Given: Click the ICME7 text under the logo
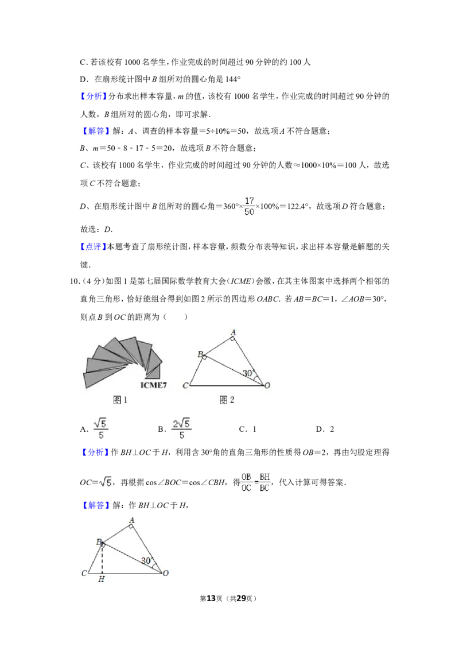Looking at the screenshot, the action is pos(153,385).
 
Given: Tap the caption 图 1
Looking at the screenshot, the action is pos(120,400).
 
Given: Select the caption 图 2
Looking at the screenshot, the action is pos(227,400).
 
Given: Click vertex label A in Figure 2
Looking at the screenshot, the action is pos(233,332).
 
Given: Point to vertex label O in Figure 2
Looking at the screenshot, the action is pos(267,385).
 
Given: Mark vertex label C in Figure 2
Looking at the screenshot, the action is pos(185,385).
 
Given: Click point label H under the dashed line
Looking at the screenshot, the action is pos(101,579).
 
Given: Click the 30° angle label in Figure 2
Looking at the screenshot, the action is pos(248,373).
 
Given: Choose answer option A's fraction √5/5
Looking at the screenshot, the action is pos(100,428).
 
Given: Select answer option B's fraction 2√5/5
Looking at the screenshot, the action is pos(182,428).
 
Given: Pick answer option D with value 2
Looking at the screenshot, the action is pos(325,429).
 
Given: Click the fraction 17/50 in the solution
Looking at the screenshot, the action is pos(249,206).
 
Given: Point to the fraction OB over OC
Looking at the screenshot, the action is pos(247,482).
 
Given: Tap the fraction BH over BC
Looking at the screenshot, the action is pos(264,482).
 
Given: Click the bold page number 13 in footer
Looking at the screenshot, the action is pos(211,598).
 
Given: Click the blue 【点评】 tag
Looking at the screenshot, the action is pos(91,247).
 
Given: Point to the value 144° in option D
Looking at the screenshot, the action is pos(233,79).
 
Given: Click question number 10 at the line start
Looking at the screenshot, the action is pos(74,281).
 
